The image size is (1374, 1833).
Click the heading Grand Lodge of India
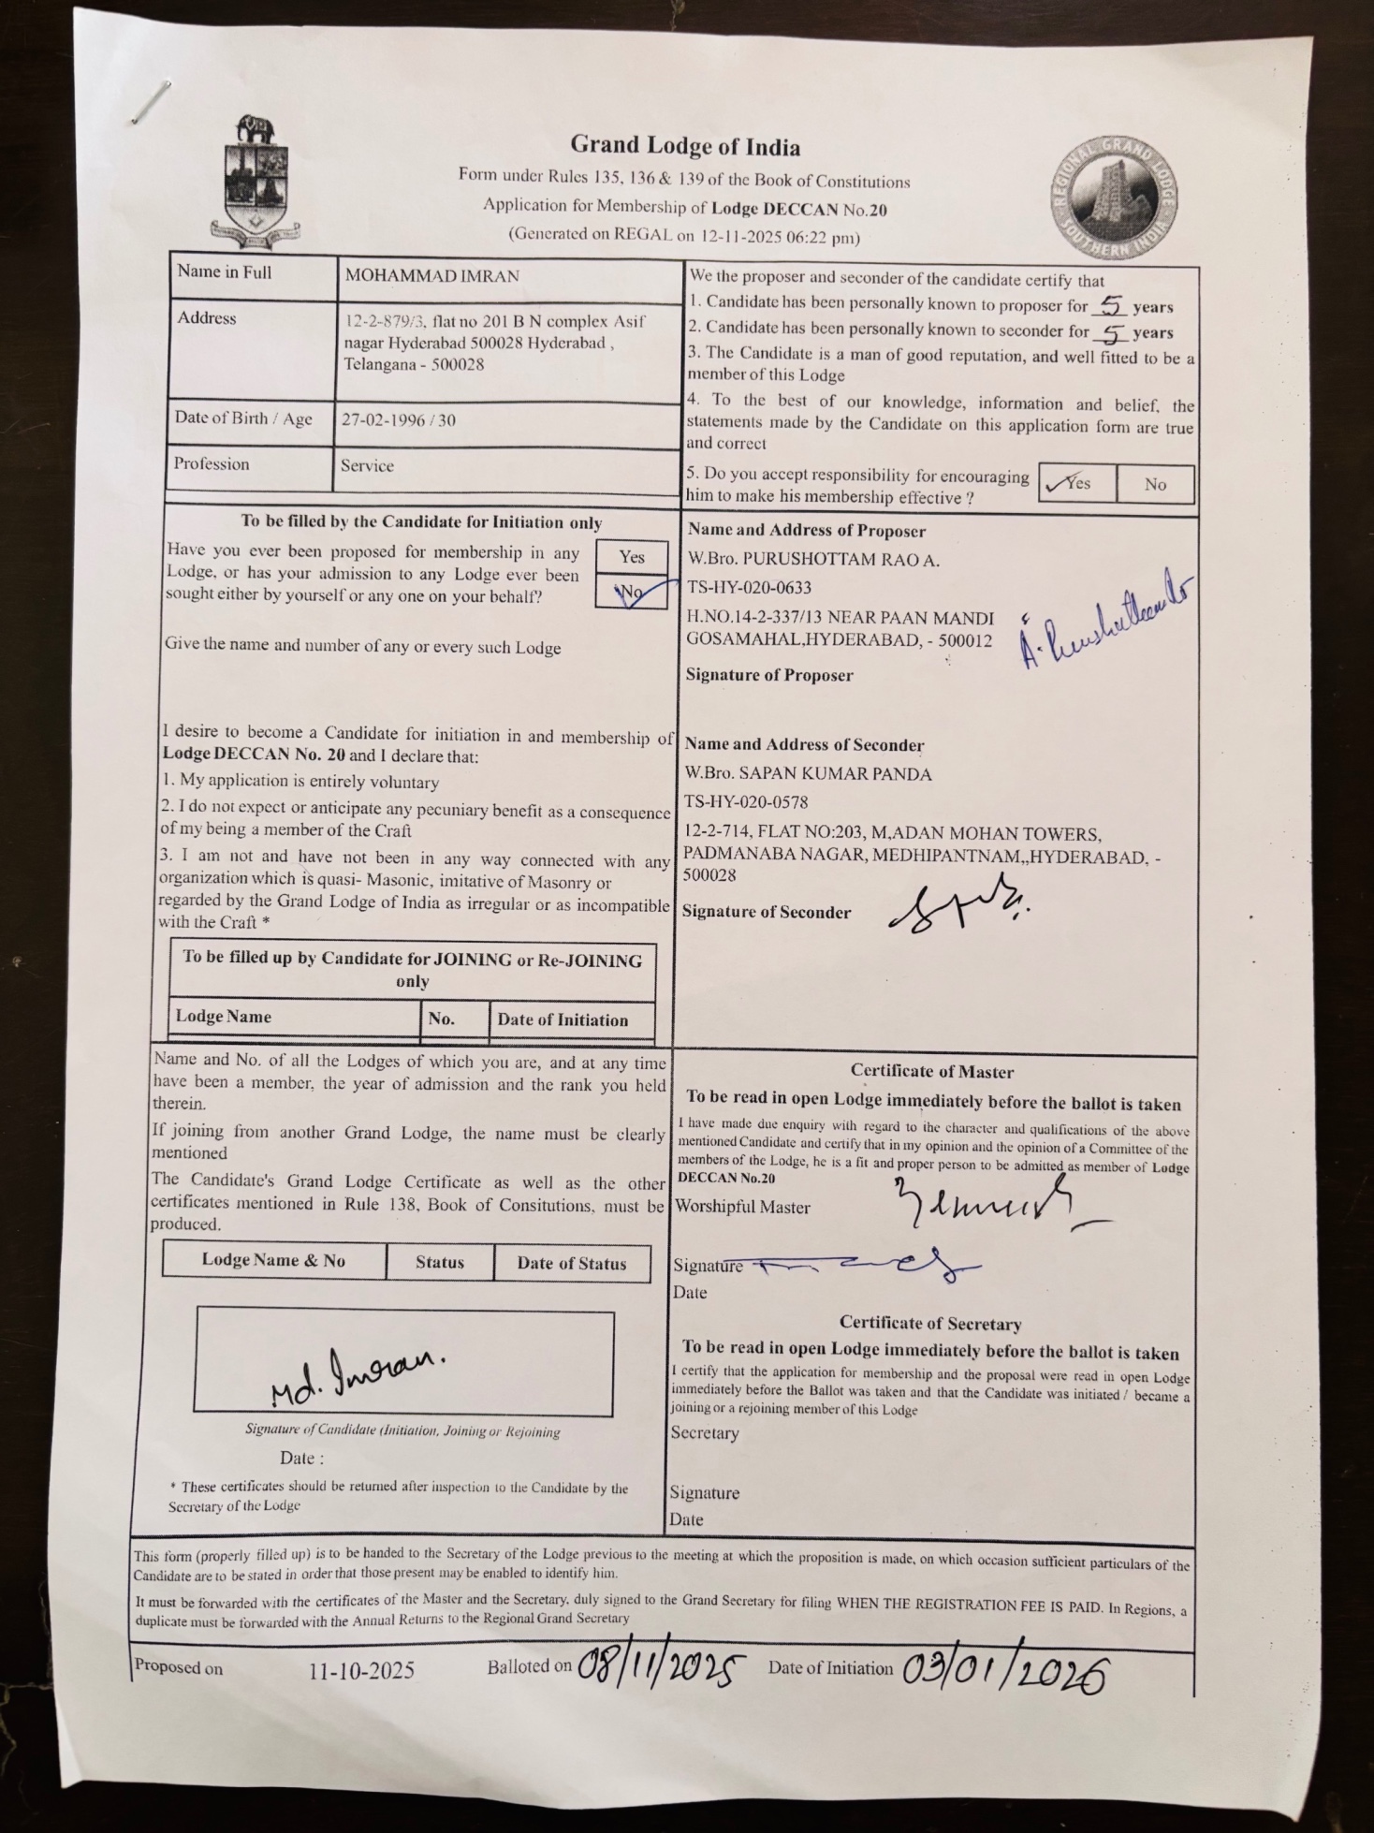[685, 146]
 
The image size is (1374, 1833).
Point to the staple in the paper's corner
[150, 102]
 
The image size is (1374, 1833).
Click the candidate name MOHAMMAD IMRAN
[431, 276]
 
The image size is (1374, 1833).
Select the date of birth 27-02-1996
[381, 420]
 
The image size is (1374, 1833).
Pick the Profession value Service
[367, 466]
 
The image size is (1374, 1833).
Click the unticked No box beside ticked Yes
[1155, 484]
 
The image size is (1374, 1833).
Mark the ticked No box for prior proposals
[632, 592]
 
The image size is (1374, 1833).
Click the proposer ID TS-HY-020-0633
[749, 588]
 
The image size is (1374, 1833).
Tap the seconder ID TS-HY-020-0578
[746, 802]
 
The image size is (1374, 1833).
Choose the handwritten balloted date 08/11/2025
[661, 1667]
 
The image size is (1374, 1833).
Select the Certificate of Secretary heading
[929, 1324]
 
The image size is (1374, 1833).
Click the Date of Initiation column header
[563, 1020]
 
